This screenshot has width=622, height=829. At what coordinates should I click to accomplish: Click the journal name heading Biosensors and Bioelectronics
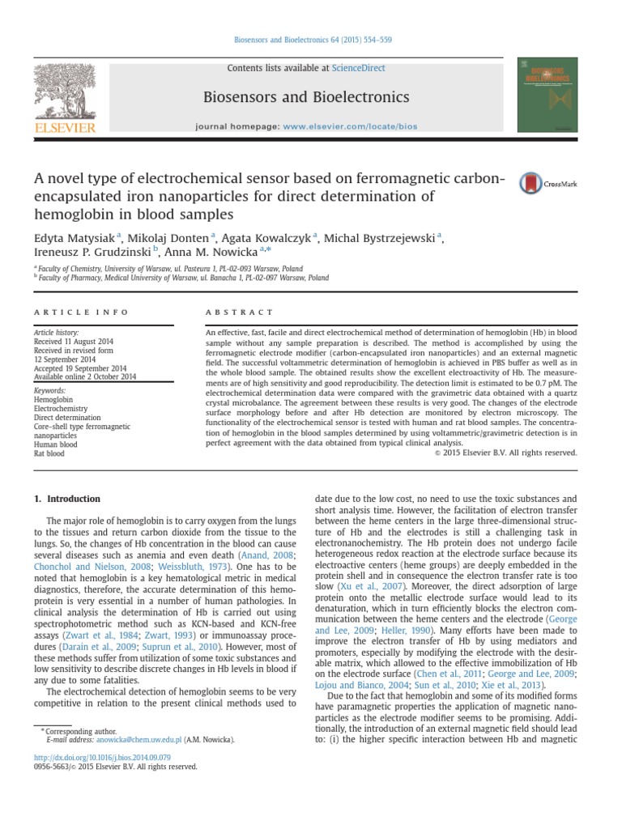tap(310, 98)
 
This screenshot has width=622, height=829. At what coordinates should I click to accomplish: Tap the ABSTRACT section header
tap(240, 312)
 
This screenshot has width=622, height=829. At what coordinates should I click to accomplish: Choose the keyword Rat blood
tap(49, 453)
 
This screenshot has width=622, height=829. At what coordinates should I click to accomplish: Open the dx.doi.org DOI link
tap(101, 757)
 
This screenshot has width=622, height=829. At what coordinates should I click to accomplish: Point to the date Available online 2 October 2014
tap(85, 376)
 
